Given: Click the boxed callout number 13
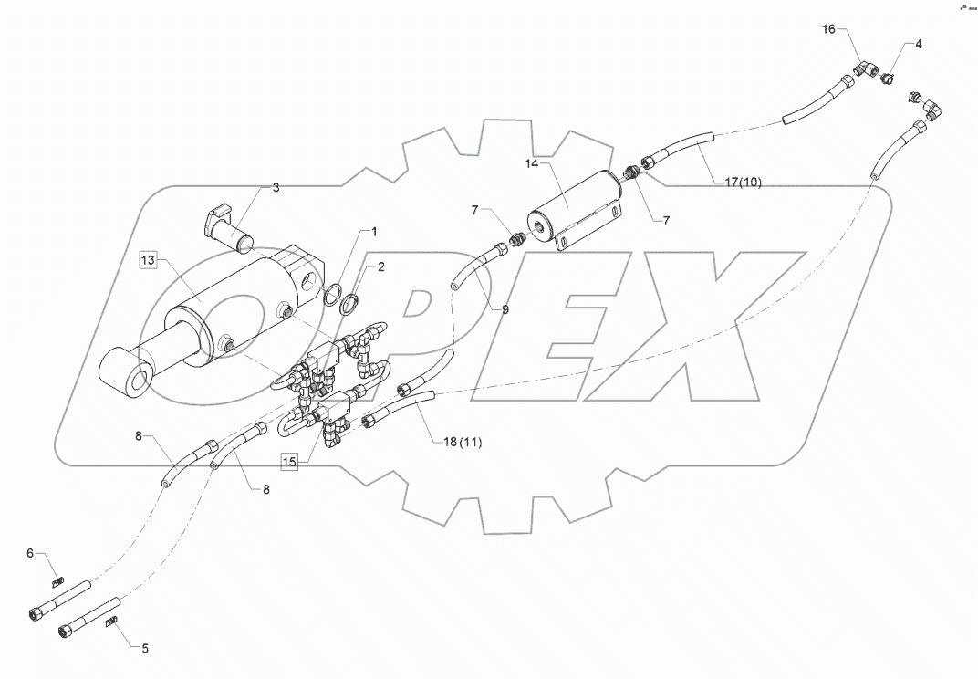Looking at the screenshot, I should click(x=149, y=261).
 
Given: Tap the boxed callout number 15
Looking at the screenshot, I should click(x=289, y=462).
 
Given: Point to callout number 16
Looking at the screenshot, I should click(x=828, y=30).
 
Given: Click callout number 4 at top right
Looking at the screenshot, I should click(x=919, y=44).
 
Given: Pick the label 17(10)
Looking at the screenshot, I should click(x=743, y=183).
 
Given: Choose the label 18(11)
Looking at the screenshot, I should click(x=463, y=443).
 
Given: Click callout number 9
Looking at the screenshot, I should click(x=505, y=309).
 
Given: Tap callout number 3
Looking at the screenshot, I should click(x=276, y=187).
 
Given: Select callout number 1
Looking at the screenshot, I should click(x=372, y=233).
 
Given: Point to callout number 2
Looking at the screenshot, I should click(x=380, y=266).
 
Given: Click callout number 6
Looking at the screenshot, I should click(x=29, y=553).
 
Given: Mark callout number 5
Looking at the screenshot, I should click(x=142, y=649).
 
